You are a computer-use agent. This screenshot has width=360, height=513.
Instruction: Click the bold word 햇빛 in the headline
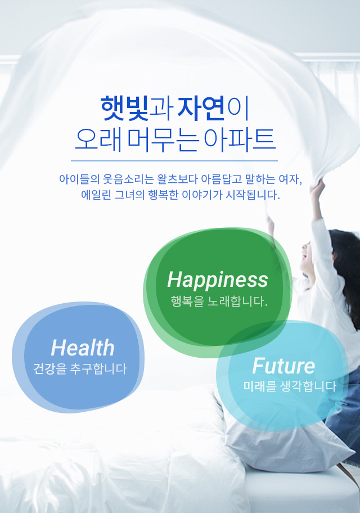click(125, 109)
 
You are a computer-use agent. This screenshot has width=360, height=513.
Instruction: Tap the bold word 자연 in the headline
click(201, 109)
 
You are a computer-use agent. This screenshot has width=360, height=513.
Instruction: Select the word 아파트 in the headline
click(240, 139)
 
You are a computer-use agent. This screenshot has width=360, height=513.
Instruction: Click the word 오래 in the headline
click(99, 139)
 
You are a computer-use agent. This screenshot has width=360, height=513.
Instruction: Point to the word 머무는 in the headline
click(163, 139)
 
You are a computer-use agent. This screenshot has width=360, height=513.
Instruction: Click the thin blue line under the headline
click(174, 161)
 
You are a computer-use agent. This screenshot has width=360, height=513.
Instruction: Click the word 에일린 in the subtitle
click(96, 195)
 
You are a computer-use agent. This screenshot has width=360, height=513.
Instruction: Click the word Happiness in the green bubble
click(218, 280)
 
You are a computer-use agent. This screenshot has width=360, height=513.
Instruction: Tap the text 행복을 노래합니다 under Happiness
click(219, 301)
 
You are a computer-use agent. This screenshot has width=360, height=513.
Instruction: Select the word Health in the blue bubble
click(83, 348)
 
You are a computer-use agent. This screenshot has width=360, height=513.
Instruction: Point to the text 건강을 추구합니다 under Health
click(80, 369)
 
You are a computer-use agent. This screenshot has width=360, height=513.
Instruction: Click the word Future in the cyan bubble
click(283, 366)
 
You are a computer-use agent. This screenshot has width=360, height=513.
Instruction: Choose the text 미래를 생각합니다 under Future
click(290, 386)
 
